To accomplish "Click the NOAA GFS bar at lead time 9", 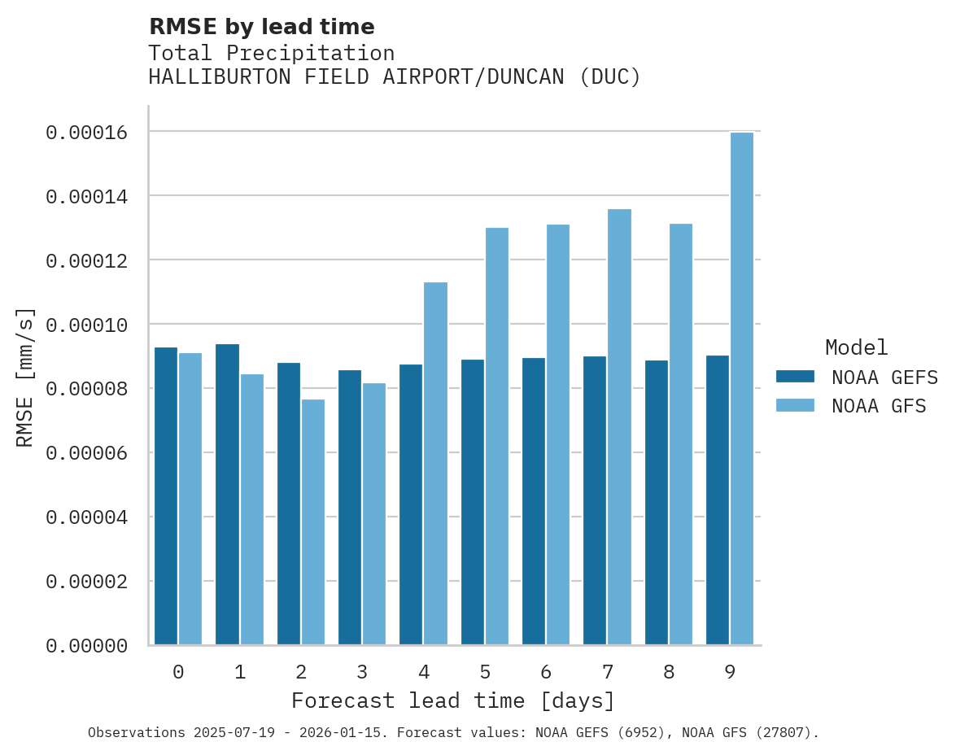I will pos(741,388).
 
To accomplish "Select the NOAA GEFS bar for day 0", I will pos(166,496).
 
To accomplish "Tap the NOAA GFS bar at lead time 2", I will pos(313,522).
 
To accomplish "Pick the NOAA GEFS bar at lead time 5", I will pos(473,502).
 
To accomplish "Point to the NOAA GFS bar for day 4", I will pos(435,463).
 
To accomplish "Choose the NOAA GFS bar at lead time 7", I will pos(619,426).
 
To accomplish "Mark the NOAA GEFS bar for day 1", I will pos(227,495).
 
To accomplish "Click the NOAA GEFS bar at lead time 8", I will pos(657,502).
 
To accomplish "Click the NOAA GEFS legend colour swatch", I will pos(795,376).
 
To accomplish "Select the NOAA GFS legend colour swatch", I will pos(795,405).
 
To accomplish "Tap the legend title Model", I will pos(856,347).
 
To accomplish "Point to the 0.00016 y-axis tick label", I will pos(87,132).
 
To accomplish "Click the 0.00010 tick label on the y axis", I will pos(87,325).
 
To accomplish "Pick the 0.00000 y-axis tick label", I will pos(87,646).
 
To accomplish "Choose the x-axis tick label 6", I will pos(546,672).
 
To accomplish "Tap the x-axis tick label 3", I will pos(362,672).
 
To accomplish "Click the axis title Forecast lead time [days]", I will pos(453,700).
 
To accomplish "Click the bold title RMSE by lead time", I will pos(261,27).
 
